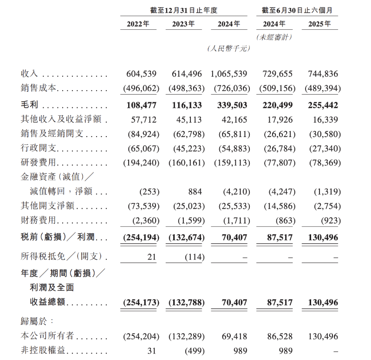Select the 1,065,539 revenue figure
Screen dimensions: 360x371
point(228,74)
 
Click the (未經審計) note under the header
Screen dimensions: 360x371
point(274,37)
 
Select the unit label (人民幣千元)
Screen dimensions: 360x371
point(228,48)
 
